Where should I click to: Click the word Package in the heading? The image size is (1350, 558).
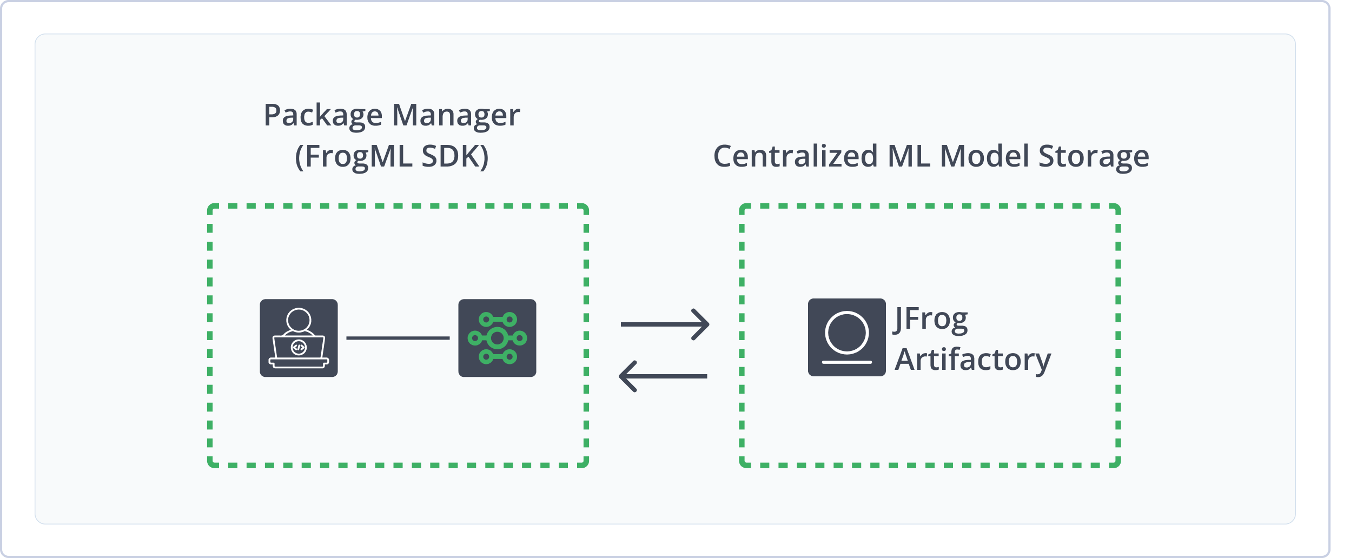click(322, 116)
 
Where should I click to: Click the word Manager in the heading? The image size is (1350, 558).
click(455, 116)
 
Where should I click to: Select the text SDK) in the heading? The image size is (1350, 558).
click(455, 157)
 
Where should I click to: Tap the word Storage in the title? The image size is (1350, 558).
click(1094, 157)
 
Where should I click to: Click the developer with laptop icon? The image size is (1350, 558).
click(299, 338)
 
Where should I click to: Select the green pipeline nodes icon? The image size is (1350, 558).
click(497, 338)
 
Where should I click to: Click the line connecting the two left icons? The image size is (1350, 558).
click(398, 338)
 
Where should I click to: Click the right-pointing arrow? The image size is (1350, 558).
click(665, 324)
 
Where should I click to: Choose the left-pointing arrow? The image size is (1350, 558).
click(663, 376)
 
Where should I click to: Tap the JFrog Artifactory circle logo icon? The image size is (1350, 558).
click(846, 337)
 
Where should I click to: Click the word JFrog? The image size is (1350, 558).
click(931, 319)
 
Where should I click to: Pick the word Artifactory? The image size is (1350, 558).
click(972, 360)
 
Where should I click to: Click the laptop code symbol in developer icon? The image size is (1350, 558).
click(299, 348)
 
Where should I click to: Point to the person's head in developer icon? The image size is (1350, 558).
click(299, 320)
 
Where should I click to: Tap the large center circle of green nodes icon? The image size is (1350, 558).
click(497, 338)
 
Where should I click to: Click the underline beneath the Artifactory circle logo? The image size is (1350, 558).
click(846, 362)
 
